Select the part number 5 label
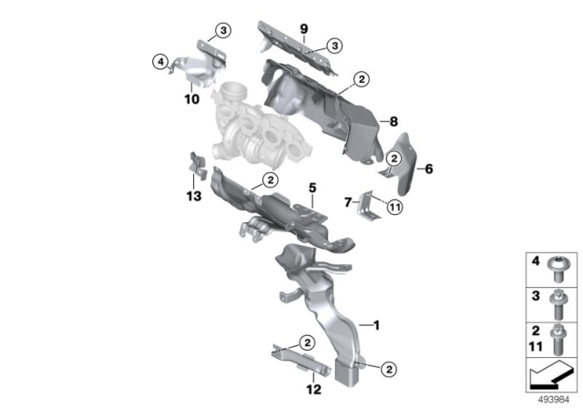(312, 188)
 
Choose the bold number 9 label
(304, 29)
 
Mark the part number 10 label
(192, 99)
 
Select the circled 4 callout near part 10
(160, 62)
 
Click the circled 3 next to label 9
(335, 45)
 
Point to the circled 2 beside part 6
(394, 158)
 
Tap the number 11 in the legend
(537, 346)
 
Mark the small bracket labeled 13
(197, 167)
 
